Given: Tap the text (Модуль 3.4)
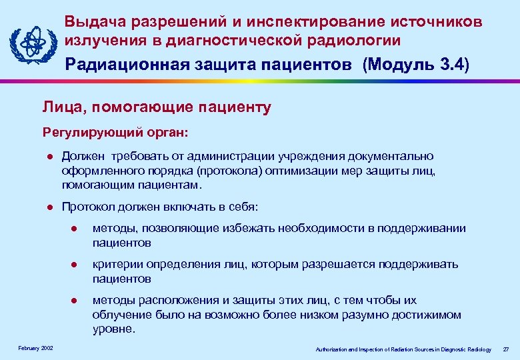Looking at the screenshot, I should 415,65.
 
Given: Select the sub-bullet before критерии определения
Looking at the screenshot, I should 75,265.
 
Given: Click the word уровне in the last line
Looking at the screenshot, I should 112,329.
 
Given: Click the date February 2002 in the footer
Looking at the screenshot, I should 31,349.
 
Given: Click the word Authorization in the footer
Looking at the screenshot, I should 333,349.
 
